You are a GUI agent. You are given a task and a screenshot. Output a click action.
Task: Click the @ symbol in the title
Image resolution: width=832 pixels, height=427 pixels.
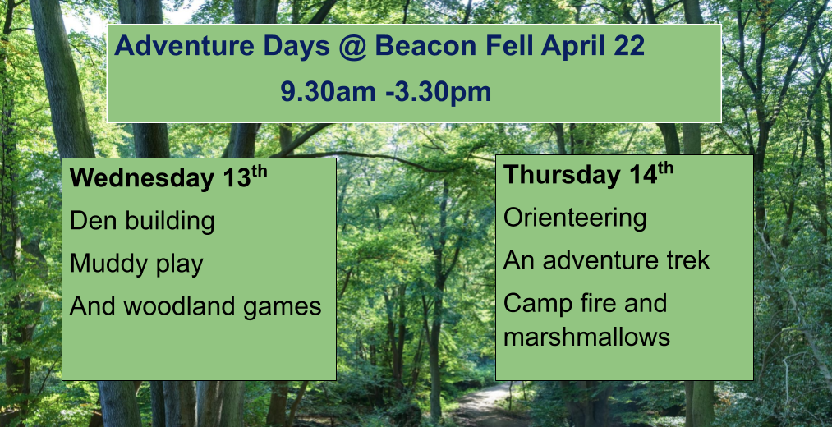352,47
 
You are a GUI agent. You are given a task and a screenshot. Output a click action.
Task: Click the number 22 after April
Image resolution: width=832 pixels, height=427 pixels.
628,46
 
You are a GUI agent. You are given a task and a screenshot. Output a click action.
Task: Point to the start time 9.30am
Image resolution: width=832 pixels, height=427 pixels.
328,92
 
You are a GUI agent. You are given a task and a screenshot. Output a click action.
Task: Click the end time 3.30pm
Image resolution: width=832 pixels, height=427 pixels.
442,93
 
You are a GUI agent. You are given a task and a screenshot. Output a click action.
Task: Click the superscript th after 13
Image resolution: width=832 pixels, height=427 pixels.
259,172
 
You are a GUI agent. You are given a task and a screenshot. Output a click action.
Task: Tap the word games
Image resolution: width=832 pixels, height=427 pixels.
283,308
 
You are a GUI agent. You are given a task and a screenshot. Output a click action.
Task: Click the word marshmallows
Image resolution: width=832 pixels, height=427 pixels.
586,337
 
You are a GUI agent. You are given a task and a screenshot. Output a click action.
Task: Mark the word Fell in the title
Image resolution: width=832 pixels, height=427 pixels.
509,46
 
